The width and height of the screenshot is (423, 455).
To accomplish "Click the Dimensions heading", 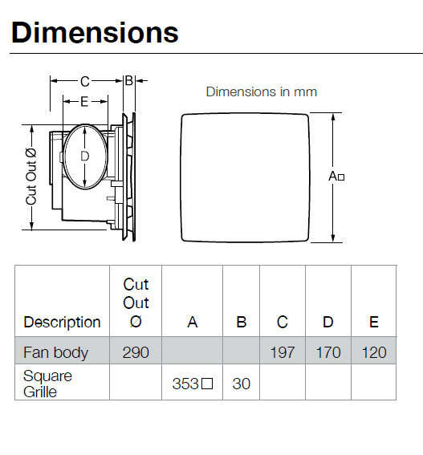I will (x=95, y=32).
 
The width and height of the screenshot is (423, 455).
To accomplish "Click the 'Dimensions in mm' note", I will (x=261, y=91).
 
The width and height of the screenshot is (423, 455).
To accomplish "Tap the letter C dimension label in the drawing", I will (x=84, y=81).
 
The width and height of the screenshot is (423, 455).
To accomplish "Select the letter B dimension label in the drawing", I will (x=128, y=80).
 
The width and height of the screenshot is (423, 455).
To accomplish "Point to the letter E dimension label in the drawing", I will (x=83, y=101).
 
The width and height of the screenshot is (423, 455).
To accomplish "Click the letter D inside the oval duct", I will (x=84, y=156).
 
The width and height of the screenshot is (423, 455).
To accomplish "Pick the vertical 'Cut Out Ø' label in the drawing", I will (x=31, y=176).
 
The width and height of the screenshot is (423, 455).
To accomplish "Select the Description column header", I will (x=62, y=323).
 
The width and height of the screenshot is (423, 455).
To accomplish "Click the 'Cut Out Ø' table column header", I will (x=136, y=303).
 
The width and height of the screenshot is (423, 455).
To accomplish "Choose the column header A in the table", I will (x=192, y=323).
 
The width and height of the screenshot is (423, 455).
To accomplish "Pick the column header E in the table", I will (x=373, y=323).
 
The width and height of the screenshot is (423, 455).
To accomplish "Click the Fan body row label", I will (x=55, y=352).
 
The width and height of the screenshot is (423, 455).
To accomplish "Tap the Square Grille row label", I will (x=47, y=384).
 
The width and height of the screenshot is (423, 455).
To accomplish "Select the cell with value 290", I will (x=136, y=352).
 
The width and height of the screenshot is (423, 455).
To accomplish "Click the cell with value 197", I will (x=283, y=352).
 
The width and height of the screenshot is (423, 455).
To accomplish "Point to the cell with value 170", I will (x=328, y=352).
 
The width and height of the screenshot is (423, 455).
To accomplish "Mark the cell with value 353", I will (x=192, y=384).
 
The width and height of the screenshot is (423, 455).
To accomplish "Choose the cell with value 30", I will (x=241, y=384).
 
